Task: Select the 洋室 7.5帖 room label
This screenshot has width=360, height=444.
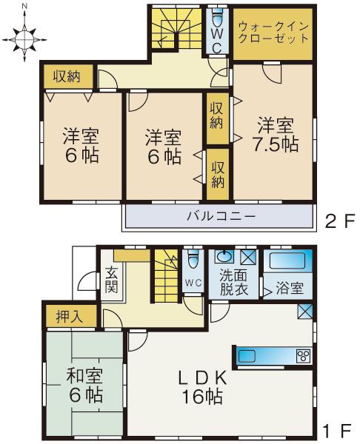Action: point(278,135)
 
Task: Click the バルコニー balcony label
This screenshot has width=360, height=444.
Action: point(220,217)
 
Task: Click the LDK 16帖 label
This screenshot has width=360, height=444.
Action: point(201,386)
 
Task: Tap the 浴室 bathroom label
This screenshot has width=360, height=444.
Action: point(290,288)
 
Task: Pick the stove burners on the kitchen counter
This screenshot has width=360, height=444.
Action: point(304,356)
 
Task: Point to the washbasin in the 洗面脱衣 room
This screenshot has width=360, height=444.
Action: point(224,259)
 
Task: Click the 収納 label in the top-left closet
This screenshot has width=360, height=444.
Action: point(67,75)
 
